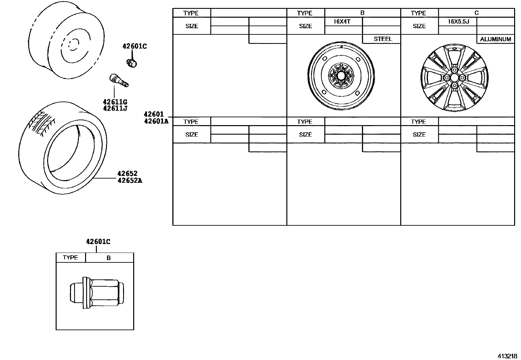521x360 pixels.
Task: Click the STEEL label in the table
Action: (x=383, y=39)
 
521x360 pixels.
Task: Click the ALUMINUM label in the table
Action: (x=495, y=39)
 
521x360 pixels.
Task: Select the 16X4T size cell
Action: (x=342, y=22)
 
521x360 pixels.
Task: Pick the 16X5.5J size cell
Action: (x=458, y=22)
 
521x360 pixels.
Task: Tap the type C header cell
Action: (x=476, y=13)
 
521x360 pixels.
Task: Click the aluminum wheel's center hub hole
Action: (x=454, y=78)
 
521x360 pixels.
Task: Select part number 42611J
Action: (x=115, y=108)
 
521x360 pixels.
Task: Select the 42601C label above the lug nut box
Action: (x=98, y=242)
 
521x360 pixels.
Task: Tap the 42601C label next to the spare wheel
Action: (x=135, y=47)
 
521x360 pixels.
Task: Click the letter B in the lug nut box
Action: (x=109, y=258)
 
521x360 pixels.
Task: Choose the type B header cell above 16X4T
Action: (x=362, y=13)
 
